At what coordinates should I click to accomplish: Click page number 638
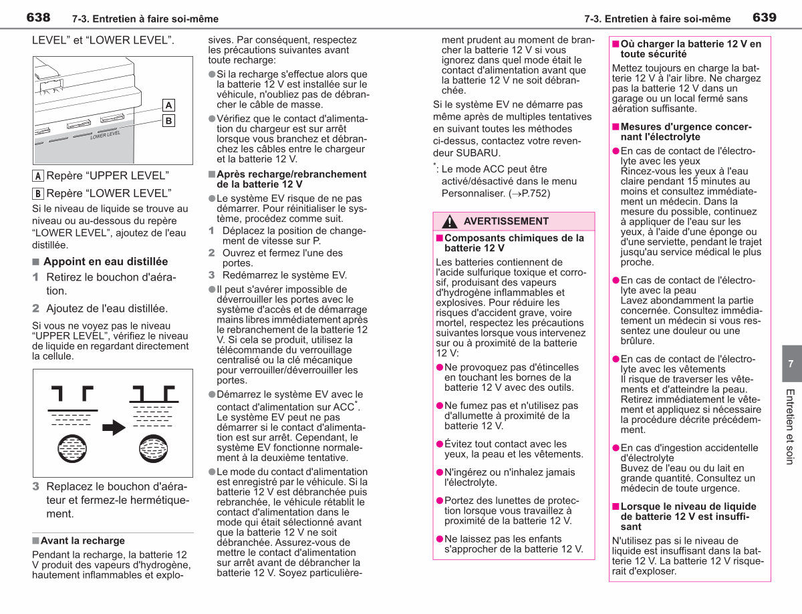[38, 17]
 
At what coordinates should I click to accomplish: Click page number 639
[765, 17]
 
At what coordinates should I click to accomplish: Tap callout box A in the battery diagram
[168, 106]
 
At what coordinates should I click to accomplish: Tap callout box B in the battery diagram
[168, 120]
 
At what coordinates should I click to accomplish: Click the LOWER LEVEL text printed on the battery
[106, 134]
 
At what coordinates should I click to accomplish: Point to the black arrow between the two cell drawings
[114, 428]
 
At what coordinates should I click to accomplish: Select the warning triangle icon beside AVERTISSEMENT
[450, 222]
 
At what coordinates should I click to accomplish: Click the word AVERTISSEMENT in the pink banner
[506, 221]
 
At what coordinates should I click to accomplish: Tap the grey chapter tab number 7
[791, 363]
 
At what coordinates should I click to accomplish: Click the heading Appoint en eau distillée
[106, 261]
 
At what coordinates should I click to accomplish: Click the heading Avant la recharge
[83, 541]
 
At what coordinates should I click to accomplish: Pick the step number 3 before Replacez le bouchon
[36, 486]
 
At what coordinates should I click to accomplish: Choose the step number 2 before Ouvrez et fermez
[211, 253]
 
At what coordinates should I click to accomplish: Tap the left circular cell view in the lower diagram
[72, 449]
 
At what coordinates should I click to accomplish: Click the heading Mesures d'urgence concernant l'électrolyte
[686, 132]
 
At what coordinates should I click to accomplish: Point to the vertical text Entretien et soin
[790, 427]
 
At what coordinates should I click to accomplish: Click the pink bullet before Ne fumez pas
[440, 406]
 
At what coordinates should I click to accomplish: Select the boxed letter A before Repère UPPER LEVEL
[37, 176]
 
